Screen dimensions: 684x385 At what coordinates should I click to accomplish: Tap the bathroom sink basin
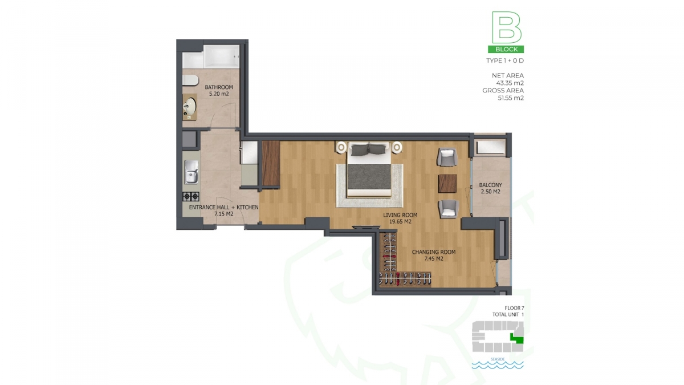pos(190,106)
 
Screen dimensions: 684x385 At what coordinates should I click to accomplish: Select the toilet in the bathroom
pos(190,80)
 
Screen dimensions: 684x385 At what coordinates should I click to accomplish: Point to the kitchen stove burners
pos(191,196)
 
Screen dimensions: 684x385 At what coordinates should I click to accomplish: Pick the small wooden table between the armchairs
pos(447,184)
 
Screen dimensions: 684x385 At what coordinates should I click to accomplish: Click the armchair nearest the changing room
pos(448,209)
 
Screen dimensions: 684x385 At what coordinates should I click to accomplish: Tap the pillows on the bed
pos(369,150)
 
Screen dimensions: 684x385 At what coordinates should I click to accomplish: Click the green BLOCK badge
pos(506,49)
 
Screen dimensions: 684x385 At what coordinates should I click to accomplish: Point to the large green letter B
pos(506,27)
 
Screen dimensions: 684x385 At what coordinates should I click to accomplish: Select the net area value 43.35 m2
pos(510,83)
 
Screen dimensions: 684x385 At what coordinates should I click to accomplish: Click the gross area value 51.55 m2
pos(511,98)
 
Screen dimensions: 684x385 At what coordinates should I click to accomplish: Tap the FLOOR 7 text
pos(514,308)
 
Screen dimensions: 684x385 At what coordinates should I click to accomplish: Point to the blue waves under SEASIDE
pos(498,365)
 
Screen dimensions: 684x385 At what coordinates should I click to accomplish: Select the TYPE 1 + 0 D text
pos(505,60)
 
